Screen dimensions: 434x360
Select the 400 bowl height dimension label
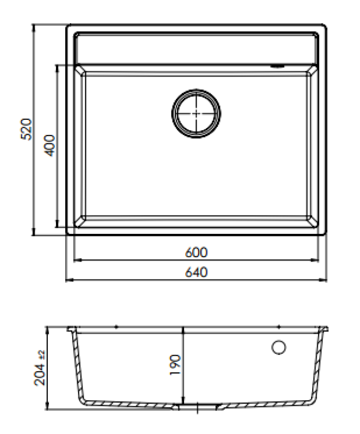(50, 145)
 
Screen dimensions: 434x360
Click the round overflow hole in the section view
(279, 347)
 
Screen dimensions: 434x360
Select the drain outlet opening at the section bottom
(199, 406)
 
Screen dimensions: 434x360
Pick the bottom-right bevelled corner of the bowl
(312, 222)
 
